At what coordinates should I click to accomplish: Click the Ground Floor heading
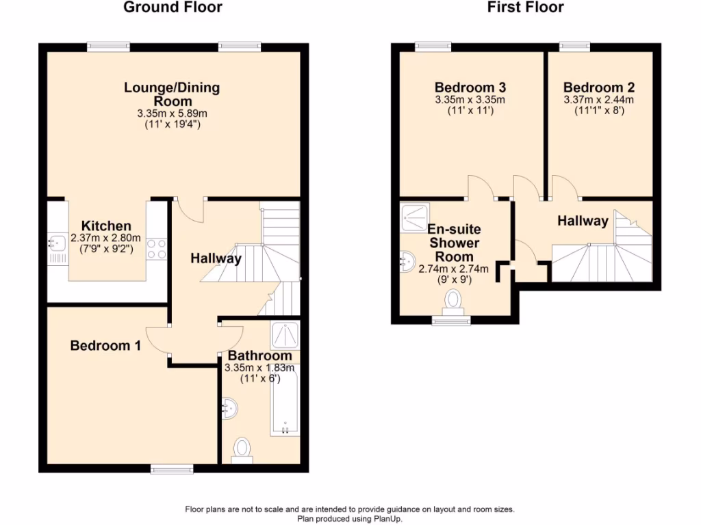[x=173, y=8]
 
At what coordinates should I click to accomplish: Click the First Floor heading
[x=526, y=8]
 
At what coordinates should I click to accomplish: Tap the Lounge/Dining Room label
[x=172, y=94]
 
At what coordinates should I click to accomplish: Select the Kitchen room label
[x=106, y=226]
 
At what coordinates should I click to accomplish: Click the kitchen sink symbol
[x=53, y=241]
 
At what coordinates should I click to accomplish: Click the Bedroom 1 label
[x=105, y=346]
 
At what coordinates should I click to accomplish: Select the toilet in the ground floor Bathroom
[x=242, y=449]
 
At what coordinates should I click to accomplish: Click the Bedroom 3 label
[x=470, y=87]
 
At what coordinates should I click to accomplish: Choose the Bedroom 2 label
[x=599, y=87]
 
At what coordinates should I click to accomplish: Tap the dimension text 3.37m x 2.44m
[x=599, y=100]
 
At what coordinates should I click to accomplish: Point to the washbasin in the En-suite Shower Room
[x=407, y=260]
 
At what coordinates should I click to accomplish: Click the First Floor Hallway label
[x=583, y=221]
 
